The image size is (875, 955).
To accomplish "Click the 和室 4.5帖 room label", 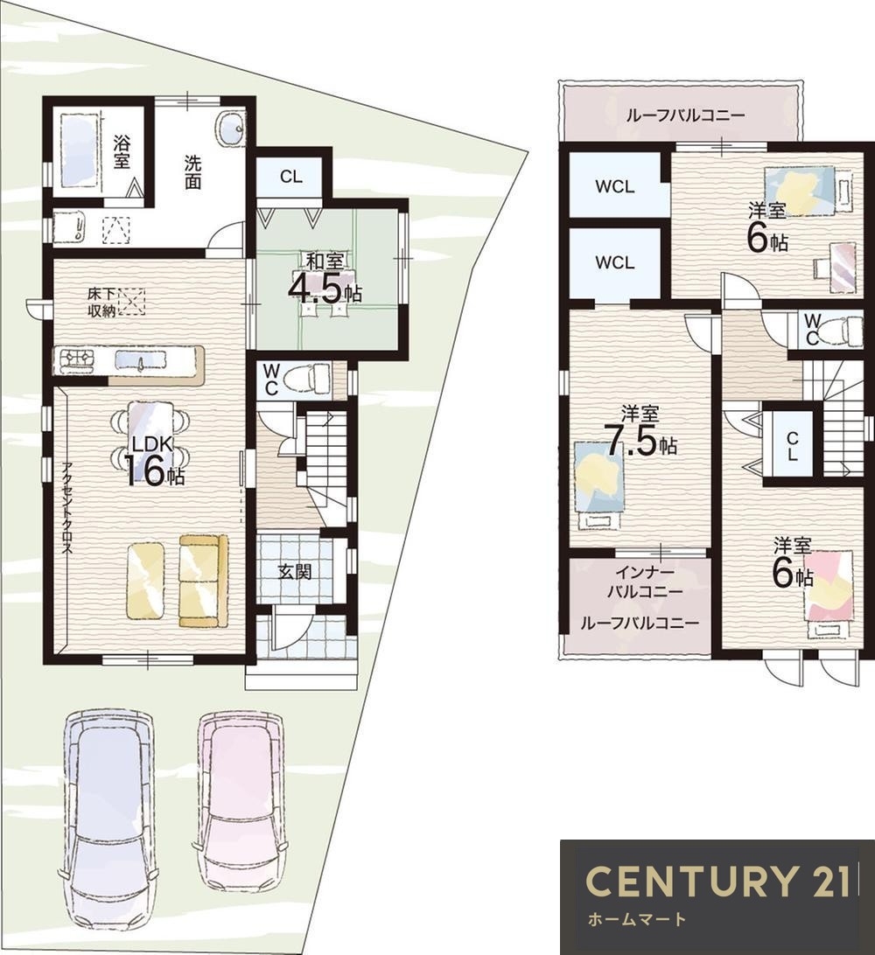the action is click(325, 279).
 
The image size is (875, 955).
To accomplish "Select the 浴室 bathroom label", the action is click(122, 151).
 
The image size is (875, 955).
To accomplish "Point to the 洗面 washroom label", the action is click(193, 172).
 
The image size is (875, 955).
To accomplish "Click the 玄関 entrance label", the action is click(295, 572).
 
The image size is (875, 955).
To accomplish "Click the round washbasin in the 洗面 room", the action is click(231, 128).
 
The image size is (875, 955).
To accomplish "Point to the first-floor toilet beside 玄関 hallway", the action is click(309, 380).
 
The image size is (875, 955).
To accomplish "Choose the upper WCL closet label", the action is click(615, 187).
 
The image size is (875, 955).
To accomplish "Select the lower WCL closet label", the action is click(615, 262).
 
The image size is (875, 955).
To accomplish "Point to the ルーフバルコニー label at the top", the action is click(685, 115).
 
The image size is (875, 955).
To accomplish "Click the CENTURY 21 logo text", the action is click(717, 881).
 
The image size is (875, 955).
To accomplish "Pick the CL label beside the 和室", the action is click(290, 177).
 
